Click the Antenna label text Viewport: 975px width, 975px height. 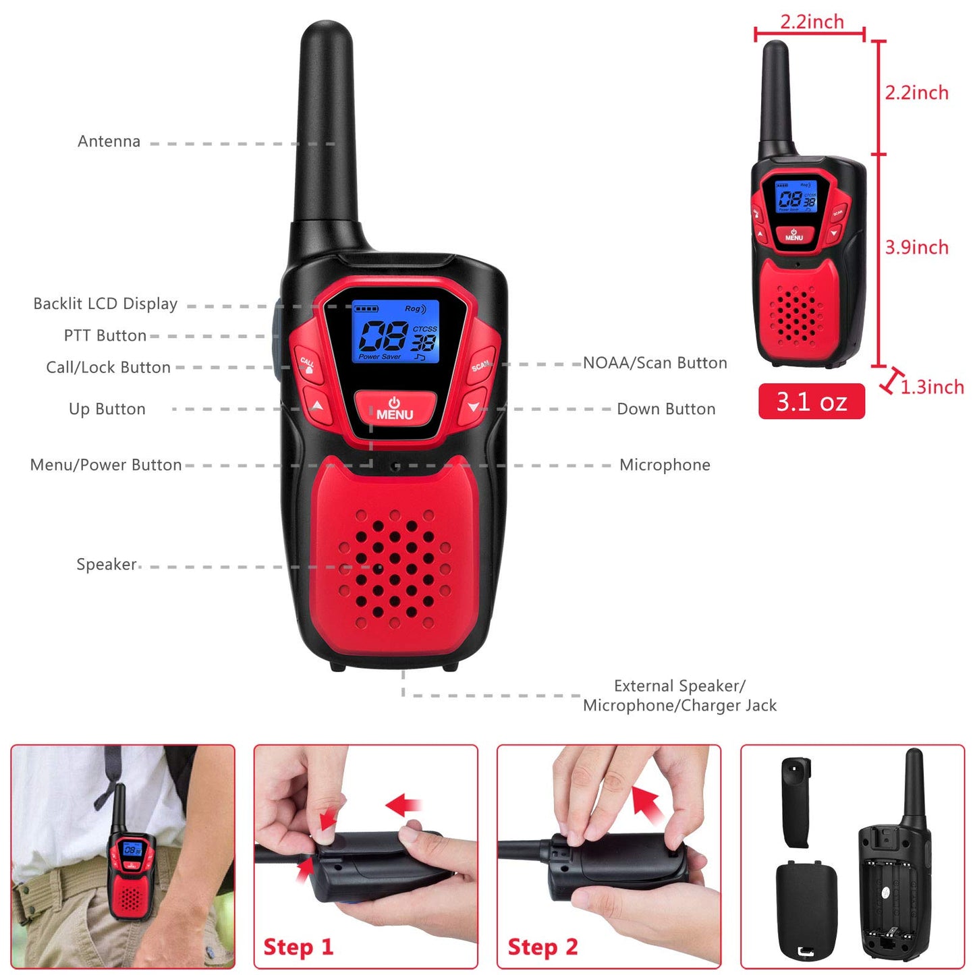coord(109,142)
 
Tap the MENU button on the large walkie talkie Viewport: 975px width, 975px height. coord(395,409)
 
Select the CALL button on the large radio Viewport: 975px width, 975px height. coord(308,364)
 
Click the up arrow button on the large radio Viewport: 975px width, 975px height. coord(318,406)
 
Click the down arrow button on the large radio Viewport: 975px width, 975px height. coord(473,406)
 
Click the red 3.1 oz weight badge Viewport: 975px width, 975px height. coord(811,401)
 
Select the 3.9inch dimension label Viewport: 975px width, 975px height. coord(916,248)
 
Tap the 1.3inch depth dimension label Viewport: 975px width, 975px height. coord(932,387)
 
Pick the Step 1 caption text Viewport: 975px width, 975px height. coord(298,947)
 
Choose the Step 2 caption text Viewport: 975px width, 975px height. coord(542,947)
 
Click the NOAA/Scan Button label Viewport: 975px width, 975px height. coord(654,363)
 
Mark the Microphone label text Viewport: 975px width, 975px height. coord(665,465)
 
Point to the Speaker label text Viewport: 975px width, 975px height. coord(106,564)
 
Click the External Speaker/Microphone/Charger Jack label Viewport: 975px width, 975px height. coord(679,696)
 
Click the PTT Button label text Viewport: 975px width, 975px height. coord(105,336)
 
